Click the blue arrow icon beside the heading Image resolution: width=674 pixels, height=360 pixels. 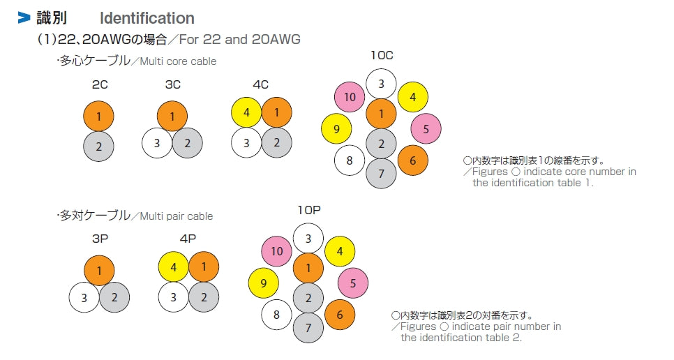24,18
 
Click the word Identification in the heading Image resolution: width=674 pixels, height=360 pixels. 147,18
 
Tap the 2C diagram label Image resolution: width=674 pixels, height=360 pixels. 98,84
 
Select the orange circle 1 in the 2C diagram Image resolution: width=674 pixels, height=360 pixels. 98,117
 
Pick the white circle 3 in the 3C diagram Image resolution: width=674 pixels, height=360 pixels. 157,143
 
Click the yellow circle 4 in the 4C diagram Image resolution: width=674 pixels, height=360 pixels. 246,112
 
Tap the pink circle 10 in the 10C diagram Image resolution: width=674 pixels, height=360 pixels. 350,97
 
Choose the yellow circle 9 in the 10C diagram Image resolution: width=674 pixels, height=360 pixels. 336,128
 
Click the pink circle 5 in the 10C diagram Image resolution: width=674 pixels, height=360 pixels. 426,128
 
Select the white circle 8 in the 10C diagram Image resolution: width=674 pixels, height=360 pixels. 350,160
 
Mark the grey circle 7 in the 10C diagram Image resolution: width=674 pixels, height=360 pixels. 382,174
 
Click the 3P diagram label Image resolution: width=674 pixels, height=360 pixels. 100,238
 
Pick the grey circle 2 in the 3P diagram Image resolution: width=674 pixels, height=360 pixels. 114,298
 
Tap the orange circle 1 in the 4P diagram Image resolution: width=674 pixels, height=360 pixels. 204,267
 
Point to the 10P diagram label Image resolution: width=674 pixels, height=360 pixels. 308,210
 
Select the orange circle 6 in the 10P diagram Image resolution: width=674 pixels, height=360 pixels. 340,315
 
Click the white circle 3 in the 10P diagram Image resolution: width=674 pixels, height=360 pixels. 308,239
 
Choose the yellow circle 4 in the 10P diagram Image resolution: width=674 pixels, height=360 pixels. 340,252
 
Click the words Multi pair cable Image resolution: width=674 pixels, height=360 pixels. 177,216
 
